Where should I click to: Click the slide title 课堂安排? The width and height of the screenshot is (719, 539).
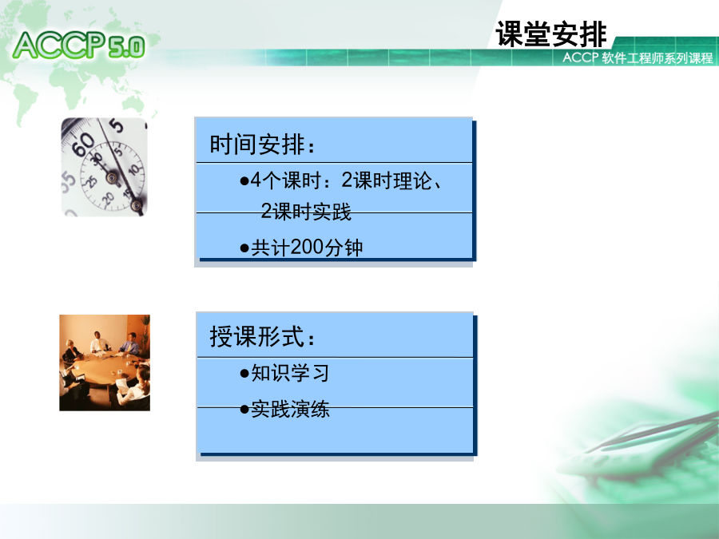tap(550, 34)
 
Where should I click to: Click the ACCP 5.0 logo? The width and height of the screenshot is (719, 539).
tap(79, 45)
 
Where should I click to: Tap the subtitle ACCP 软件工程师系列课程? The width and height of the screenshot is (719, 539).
tap(638, 57)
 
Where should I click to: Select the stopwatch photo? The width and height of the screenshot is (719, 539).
tap(105, 167)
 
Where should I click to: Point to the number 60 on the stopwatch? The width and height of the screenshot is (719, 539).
tap(84, 145)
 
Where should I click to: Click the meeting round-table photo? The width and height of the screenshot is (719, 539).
tap(105, 363)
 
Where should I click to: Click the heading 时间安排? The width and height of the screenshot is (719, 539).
tap(262, 145)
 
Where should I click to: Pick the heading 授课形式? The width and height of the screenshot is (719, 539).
tap(262, 336)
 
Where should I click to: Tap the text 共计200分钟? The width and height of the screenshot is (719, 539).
tap(307, 248)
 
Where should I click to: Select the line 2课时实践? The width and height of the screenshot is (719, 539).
tap(306, 212)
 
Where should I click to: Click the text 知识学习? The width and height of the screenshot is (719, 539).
tap(290, 373)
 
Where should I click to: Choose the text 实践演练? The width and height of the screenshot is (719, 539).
tap(290, 409)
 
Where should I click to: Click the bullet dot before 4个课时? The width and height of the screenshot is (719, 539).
tap(244, 181)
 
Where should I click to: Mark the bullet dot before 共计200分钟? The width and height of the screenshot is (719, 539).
tap(244, 249)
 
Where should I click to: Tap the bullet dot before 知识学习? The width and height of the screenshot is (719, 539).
tap(244, 374)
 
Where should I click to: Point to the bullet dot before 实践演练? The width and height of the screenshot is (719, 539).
tap(244, 410)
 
